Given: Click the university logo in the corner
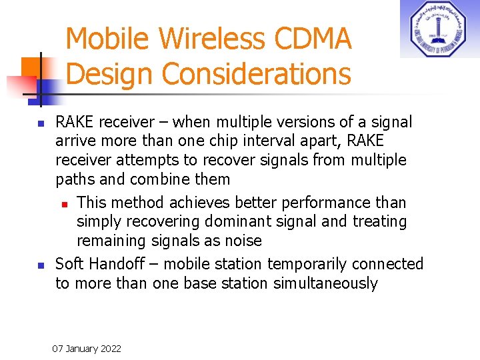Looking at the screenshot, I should point(439,29).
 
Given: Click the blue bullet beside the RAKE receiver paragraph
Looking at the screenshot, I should point(40,124).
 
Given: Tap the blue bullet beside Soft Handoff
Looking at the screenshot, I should point(40,265).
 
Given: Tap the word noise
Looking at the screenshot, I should point(243,240).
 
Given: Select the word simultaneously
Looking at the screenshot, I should point(325,283).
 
